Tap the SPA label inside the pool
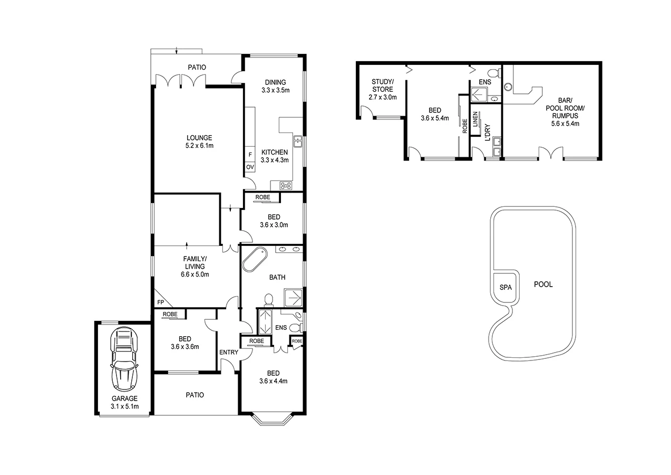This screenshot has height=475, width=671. click(505, 288)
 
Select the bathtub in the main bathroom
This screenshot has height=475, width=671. click(254, 260)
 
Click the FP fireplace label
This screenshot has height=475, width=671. click(160, 302)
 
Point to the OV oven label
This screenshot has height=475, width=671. click(250, 167)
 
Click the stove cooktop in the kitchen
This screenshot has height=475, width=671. click(286, 185)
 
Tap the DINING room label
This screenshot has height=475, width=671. click(275, 82)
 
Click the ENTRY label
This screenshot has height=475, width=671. click(228, 353)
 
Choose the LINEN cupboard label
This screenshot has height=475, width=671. click(475, 119)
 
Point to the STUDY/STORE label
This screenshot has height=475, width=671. click(382, 85)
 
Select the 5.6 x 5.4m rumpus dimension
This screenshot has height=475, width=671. click(562, 124)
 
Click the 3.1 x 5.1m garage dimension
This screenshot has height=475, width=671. click(124, 406)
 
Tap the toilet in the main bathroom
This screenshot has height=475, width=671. click(268, 300)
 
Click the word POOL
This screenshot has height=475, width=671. click(543, 284)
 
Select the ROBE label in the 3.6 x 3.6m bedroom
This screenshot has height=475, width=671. click(170, 315)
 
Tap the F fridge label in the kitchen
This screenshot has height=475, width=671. click(250, 155)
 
